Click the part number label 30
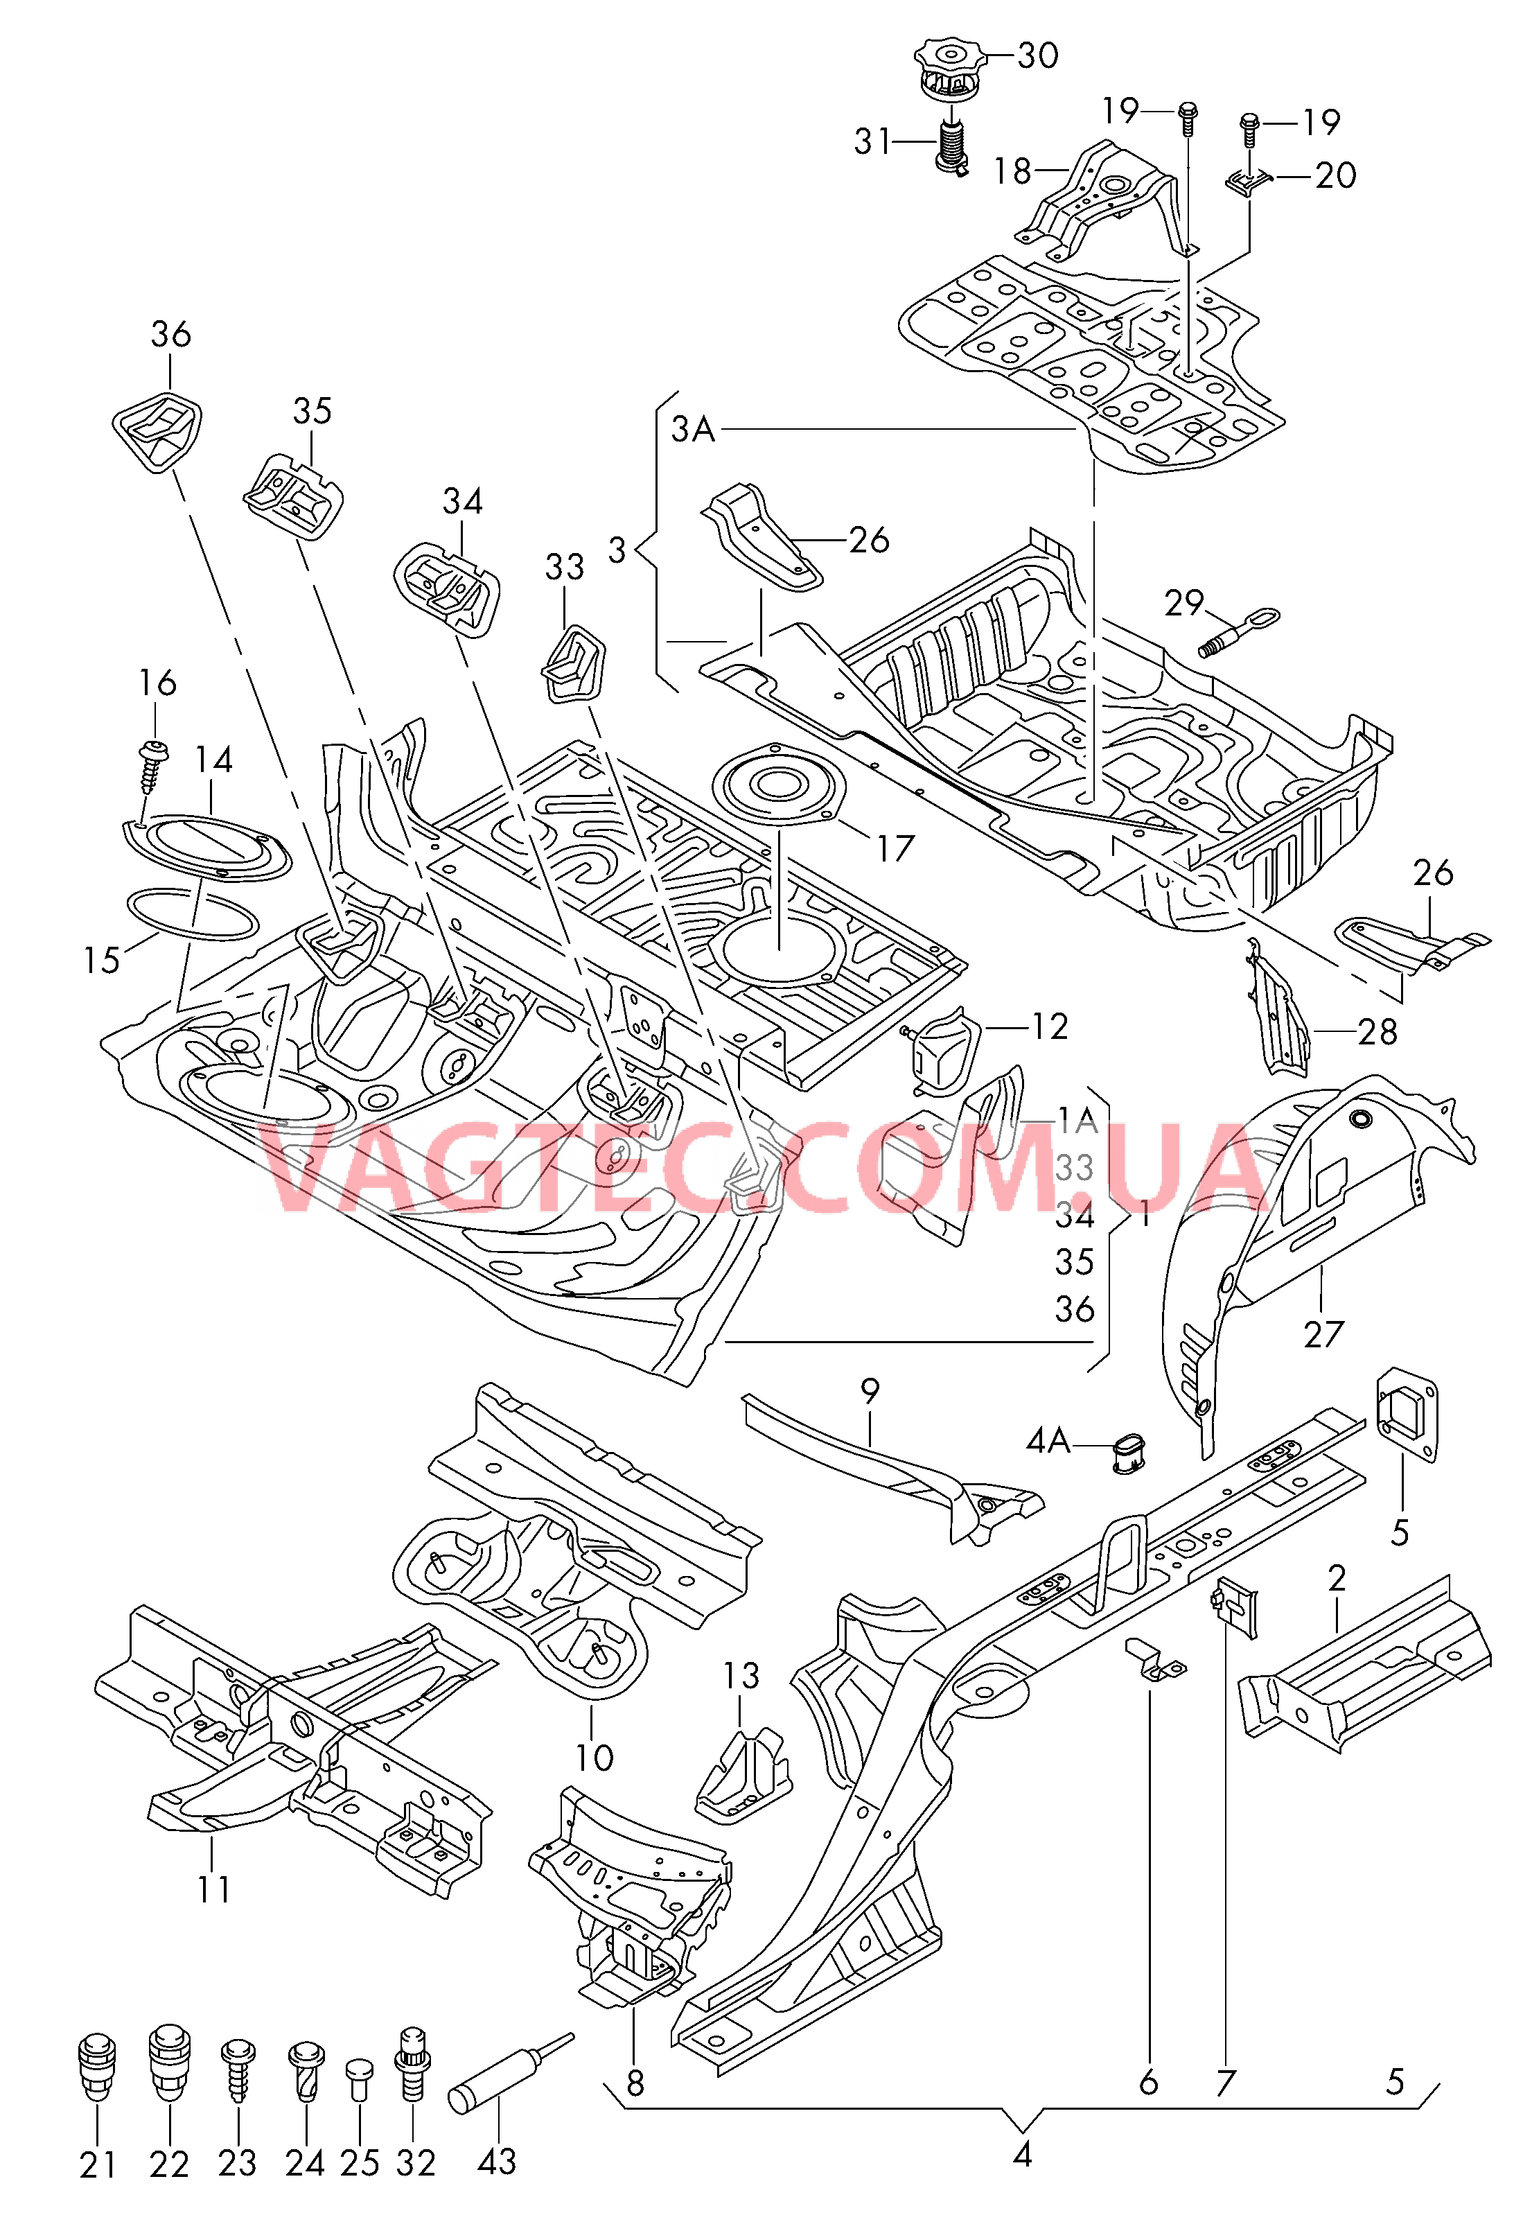click(x=1038, y=56)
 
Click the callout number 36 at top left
click(x=170, y=335)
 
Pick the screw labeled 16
click(x=150, y=762)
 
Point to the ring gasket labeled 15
click(x=193, y=915)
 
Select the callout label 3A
click(x=693, y=429)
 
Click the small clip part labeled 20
click(x=1249, y=180)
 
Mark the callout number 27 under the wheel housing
click(x=1323, y=1335)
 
